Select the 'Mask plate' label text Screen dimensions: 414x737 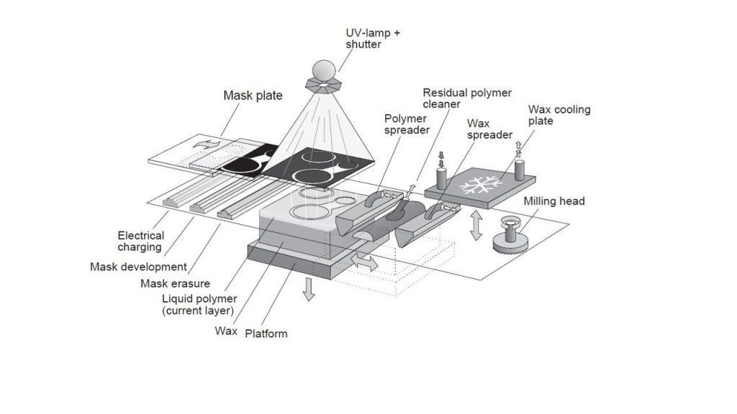(253, 95)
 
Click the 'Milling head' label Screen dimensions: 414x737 (554, 201)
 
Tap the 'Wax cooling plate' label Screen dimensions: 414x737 (559, 115)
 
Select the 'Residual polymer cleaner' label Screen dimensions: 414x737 (466, 98)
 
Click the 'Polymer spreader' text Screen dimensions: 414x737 (406, 123)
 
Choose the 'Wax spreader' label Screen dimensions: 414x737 (489, 129)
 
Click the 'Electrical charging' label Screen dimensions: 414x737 (141, 241)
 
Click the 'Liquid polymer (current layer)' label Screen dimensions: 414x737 (198, 305)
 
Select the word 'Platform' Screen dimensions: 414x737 (266, 333)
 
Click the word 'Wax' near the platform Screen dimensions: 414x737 (226, 331)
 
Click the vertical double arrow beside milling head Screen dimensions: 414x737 (475, 225)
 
